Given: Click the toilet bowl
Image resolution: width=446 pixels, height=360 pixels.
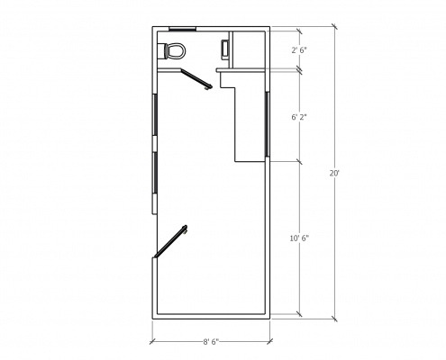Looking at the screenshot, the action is [177, 51].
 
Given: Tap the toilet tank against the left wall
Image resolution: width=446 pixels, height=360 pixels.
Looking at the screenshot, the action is [166, 51].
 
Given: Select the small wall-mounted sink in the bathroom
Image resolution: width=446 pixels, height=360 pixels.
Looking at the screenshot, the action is [225, 49].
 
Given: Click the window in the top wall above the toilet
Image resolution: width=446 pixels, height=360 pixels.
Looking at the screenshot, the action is [182, 29].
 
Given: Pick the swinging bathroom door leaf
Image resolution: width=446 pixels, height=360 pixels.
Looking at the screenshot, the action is [196, 78].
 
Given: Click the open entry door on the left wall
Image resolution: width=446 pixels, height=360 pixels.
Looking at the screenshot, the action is [170, 241].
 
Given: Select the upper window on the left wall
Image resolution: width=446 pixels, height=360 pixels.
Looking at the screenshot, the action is [155, 114].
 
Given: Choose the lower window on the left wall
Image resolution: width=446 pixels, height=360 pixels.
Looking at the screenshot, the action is [155, 173].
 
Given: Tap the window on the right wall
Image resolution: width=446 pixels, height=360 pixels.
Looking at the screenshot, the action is [267, 124].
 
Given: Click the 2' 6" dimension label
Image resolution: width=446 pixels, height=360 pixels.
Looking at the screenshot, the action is [299, 50].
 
